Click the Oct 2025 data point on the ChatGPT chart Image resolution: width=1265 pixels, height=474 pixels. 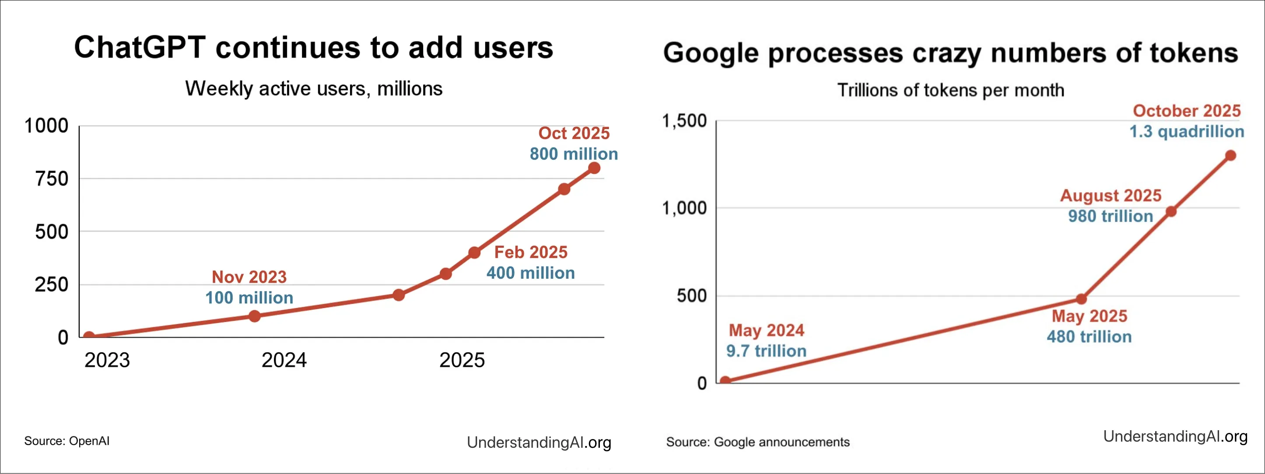[594, 168]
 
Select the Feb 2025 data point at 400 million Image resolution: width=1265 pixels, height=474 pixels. [474, 253]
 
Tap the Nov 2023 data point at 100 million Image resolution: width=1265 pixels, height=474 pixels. [254, 316]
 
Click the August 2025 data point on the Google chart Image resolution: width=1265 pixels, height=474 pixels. [1171, 211]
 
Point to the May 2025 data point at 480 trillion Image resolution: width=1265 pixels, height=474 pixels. [1081, 298]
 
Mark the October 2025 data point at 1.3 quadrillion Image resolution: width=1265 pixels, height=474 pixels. [1230, 155]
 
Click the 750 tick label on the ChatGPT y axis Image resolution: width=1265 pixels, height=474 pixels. [52, 179]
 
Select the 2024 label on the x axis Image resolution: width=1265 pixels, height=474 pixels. [284, 360]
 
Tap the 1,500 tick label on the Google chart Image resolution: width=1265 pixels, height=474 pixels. [684, 120]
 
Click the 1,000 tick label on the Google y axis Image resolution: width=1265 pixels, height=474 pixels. [684, 208]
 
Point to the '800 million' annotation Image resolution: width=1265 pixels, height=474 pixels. [574, 154]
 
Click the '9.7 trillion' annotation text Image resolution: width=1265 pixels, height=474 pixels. [766, 351]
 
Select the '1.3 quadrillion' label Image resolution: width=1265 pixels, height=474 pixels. [1186, 131]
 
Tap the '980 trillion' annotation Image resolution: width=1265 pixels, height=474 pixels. [1110, 216]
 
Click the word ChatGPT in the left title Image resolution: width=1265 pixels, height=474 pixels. [140, 48]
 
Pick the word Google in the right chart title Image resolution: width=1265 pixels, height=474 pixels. [710, 53]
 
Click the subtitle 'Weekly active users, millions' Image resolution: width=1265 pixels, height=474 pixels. [314, 89]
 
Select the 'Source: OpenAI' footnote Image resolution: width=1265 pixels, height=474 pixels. [67, 441]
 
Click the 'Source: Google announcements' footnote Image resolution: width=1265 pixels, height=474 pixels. [757, 442]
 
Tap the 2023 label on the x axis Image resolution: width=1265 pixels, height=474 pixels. [107, 360]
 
